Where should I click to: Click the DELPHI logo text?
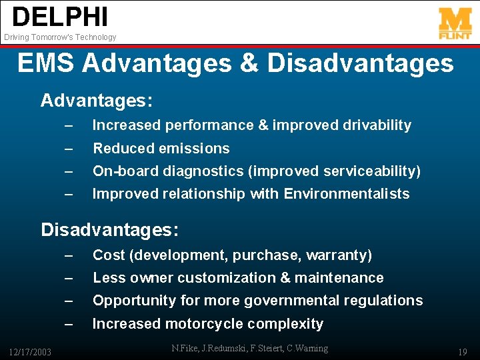pos(59,17)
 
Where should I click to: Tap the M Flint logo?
pos(455,23)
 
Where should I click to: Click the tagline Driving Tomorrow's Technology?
pos(60,37)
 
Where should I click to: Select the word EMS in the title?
pos(47,64)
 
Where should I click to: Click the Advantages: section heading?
pos(97,101)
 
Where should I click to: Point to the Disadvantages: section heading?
pos(109,230)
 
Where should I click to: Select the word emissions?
pos(197,149)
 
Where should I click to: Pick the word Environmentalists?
pos(347,194)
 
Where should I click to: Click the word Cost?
pos(108,255)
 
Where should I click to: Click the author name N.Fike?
pos(187,348)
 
